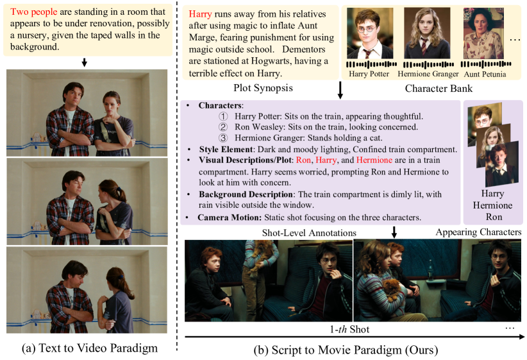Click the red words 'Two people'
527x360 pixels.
pos(33,12)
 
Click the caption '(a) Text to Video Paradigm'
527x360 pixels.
pos(90,348)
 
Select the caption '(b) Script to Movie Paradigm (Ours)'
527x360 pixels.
pos(346,350)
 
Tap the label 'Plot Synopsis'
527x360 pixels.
pos(263,88)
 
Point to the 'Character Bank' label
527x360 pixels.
pos(439,88)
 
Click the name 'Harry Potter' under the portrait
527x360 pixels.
pos(369,74)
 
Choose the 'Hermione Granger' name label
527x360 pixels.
pos(428,74)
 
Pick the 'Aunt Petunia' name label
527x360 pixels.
pos(485,74)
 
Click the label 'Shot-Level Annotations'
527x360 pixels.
pos(309,233)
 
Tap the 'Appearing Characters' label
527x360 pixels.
pos(479,232)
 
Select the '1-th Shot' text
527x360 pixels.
pos(349,329)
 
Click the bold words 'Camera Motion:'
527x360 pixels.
pos(230,218)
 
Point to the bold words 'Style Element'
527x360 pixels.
pos(226,150)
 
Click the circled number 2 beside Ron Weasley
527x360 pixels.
pos(223,127)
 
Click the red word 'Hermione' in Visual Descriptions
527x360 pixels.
pos(374,160)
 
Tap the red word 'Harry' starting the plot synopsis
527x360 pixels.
pos(200,14)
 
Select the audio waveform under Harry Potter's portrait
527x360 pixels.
pos(372,64)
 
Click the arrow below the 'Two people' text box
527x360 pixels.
pos(85,62)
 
